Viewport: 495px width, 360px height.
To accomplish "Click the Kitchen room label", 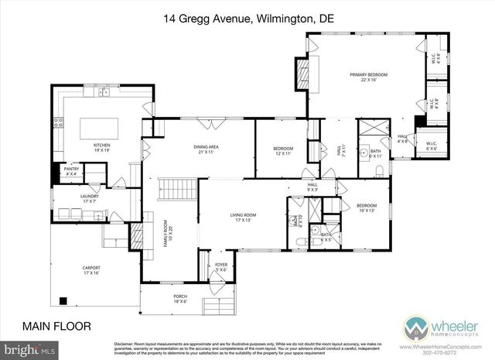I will (103, 147).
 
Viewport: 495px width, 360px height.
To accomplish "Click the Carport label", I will (91, 270).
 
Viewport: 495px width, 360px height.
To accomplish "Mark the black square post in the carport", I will (63, 300).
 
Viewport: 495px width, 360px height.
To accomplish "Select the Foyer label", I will (221, 266).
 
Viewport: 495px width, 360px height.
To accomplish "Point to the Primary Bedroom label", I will (368, 77).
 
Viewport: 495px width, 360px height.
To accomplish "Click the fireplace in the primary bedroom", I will (302, 74).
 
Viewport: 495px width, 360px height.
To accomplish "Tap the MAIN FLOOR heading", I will (55, 326).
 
